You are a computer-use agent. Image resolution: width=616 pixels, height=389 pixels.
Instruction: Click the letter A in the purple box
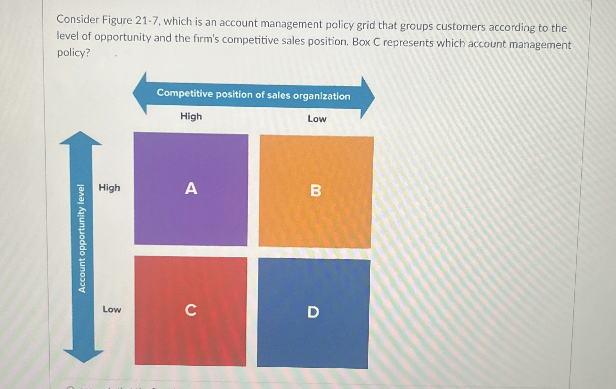191,189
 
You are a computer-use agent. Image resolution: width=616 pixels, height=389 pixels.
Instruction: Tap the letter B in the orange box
315,191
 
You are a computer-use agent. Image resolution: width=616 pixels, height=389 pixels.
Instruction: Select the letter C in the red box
191,310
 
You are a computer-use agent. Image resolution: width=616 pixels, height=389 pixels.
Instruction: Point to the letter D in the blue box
313,312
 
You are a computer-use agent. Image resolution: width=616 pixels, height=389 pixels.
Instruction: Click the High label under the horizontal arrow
191,116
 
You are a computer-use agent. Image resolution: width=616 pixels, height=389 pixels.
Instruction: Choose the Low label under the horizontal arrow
317,119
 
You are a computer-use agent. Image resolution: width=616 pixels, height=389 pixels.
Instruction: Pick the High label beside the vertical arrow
109,188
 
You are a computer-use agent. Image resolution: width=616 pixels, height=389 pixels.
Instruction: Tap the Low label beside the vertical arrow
112,309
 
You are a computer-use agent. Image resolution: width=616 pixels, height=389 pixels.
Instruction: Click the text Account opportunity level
82,238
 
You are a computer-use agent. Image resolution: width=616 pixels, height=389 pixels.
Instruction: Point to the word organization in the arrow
321,96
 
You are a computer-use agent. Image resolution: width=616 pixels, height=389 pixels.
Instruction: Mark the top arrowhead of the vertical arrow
80,138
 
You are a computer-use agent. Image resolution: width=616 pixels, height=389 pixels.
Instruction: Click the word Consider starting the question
78,20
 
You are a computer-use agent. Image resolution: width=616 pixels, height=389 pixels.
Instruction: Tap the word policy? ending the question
73,53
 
